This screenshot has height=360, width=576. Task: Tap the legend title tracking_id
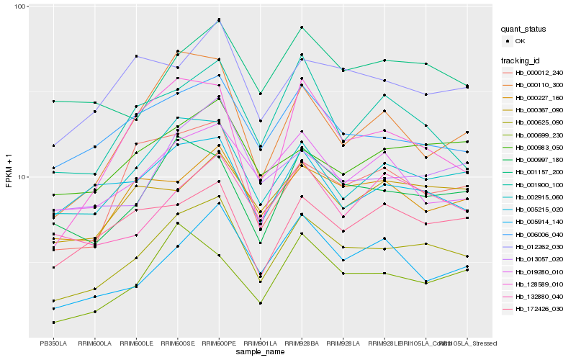point(522,59)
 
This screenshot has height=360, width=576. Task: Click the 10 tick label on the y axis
point(22,176)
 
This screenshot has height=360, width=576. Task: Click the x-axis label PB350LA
point(54,343)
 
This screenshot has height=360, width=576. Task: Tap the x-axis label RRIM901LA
point(261,343)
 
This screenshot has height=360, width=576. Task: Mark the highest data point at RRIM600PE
point(219,19)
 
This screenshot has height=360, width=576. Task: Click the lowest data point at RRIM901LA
point(261,303)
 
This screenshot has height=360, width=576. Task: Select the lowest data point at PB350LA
point(54,323)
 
